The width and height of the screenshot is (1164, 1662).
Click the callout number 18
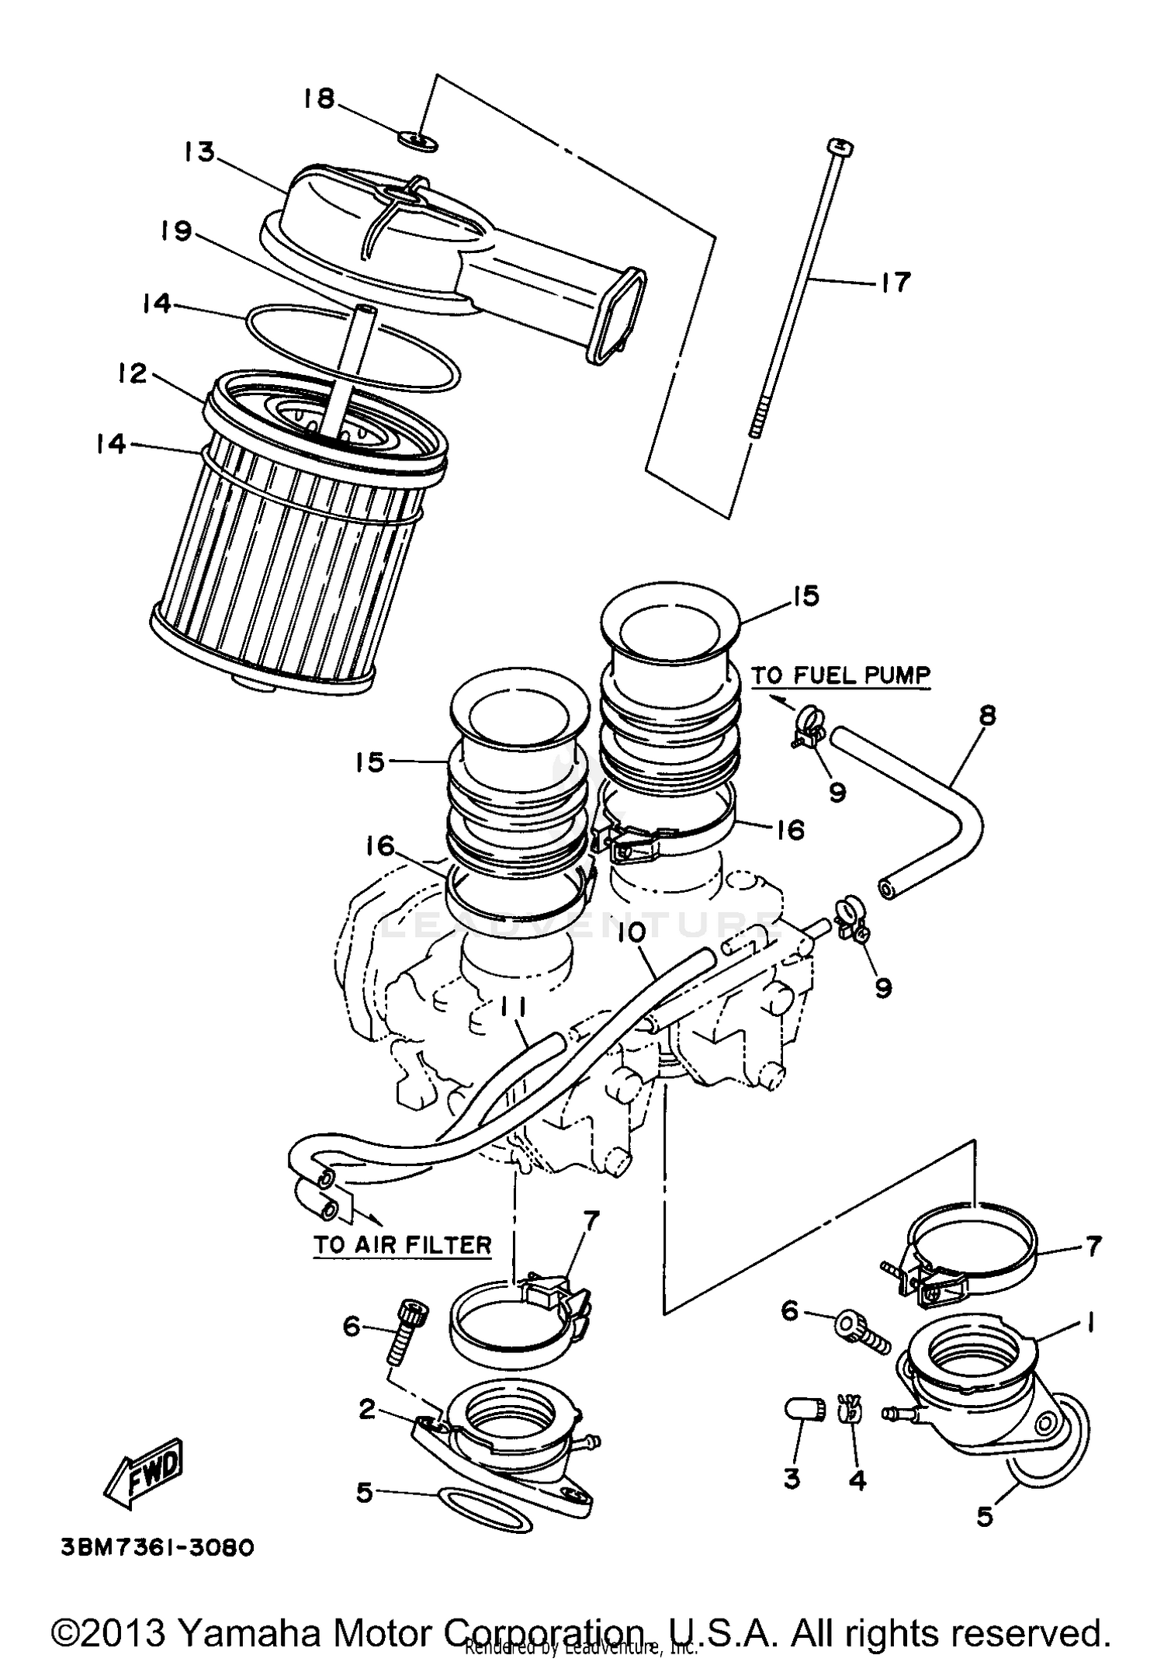click(319, 99)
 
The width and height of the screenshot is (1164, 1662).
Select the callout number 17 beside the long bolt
click(894, 282)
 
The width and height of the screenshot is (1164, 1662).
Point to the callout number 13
click(199, 151)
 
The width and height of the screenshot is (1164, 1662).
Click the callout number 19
click(177, 231)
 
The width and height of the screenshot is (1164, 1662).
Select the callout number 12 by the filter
click(133, 373)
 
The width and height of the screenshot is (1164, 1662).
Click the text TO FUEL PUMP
click(840, 675)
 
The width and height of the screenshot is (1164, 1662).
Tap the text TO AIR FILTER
click(403, 1245)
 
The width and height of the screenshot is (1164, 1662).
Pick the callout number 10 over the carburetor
click(632, 933)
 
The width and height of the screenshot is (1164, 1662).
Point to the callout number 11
click(511, 1008)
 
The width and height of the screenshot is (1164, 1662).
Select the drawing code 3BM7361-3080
click(158, 1548)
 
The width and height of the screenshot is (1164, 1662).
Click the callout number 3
click(791, 1478)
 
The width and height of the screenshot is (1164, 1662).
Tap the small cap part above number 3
click(801, 1408)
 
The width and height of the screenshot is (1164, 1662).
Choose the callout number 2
click(367, 1408)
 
